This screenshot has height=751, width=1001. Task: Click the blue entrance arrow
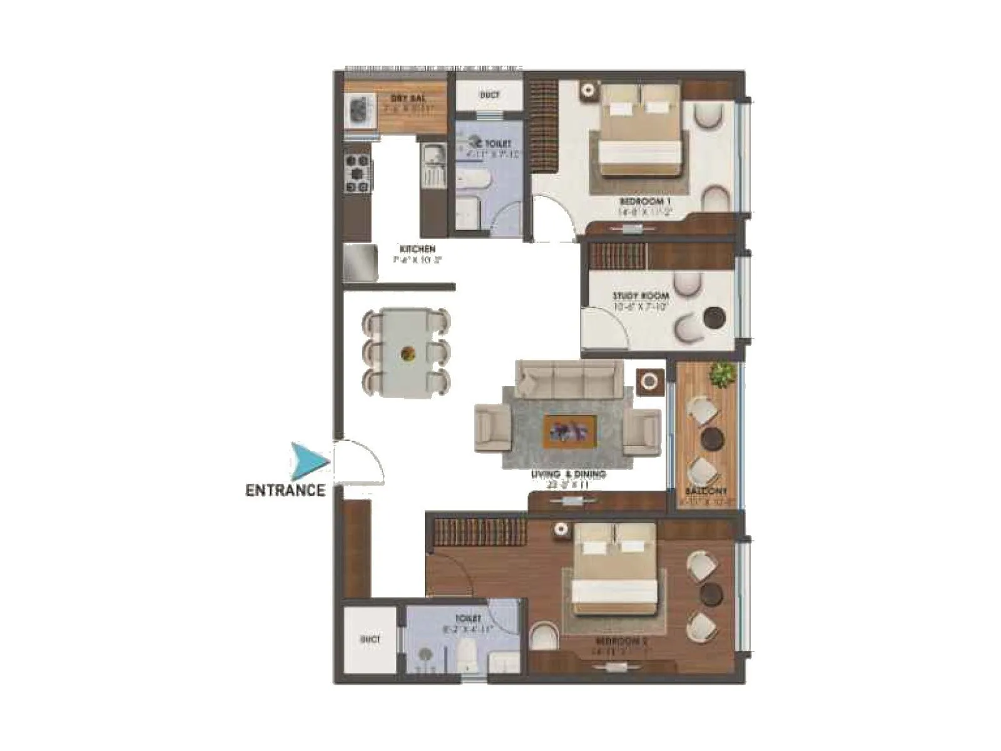[308, 462]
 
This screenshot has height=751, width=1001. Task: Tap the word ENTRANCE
[285, 490]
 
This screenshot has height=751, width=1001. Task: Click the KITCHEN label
[417, 249]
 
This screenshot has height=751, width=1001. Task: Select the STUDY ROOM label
[640, 295]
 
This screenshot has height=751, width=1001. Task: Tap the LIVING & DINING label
[568, 474]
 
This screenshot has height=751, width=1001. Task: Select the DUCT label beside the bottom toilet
[370, 640]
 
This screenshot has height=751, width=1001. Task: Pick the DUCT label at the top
[489, 95]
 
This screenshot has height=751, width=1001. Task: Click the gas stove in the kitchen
[358, 172]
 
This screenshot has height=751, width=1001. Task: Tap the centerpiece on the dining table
[408, 354]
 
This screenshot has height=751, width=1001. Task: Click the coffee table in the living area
[569, 431]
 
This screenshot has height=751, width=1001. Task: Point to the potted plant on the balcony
[723, 374]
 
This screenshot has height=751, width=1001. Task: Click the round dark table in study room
[713, 317]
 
